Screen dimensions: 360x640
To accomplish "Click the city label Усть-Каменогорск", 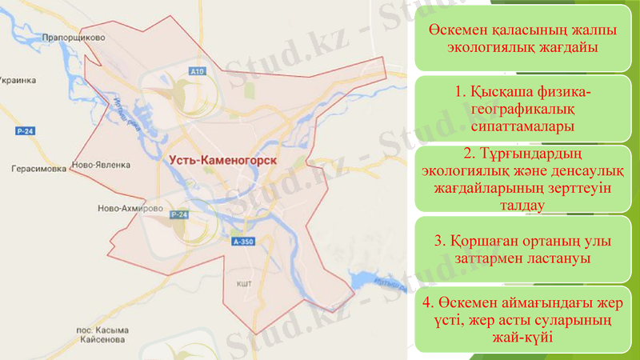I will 223,160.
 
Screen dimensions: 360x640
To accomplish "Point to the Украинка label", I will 19,81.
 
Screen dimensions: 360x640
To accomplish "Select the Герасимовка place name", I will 33,169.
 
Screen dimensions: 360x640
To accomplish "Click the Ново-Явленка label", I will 101,166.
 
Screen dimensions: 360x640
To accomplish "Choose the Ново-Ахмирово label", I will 124,207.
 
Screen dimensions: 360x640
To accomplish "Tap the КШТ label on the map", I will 244,283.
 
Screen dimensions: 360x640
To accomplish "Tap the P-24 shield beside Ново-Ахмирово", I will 179,215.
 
